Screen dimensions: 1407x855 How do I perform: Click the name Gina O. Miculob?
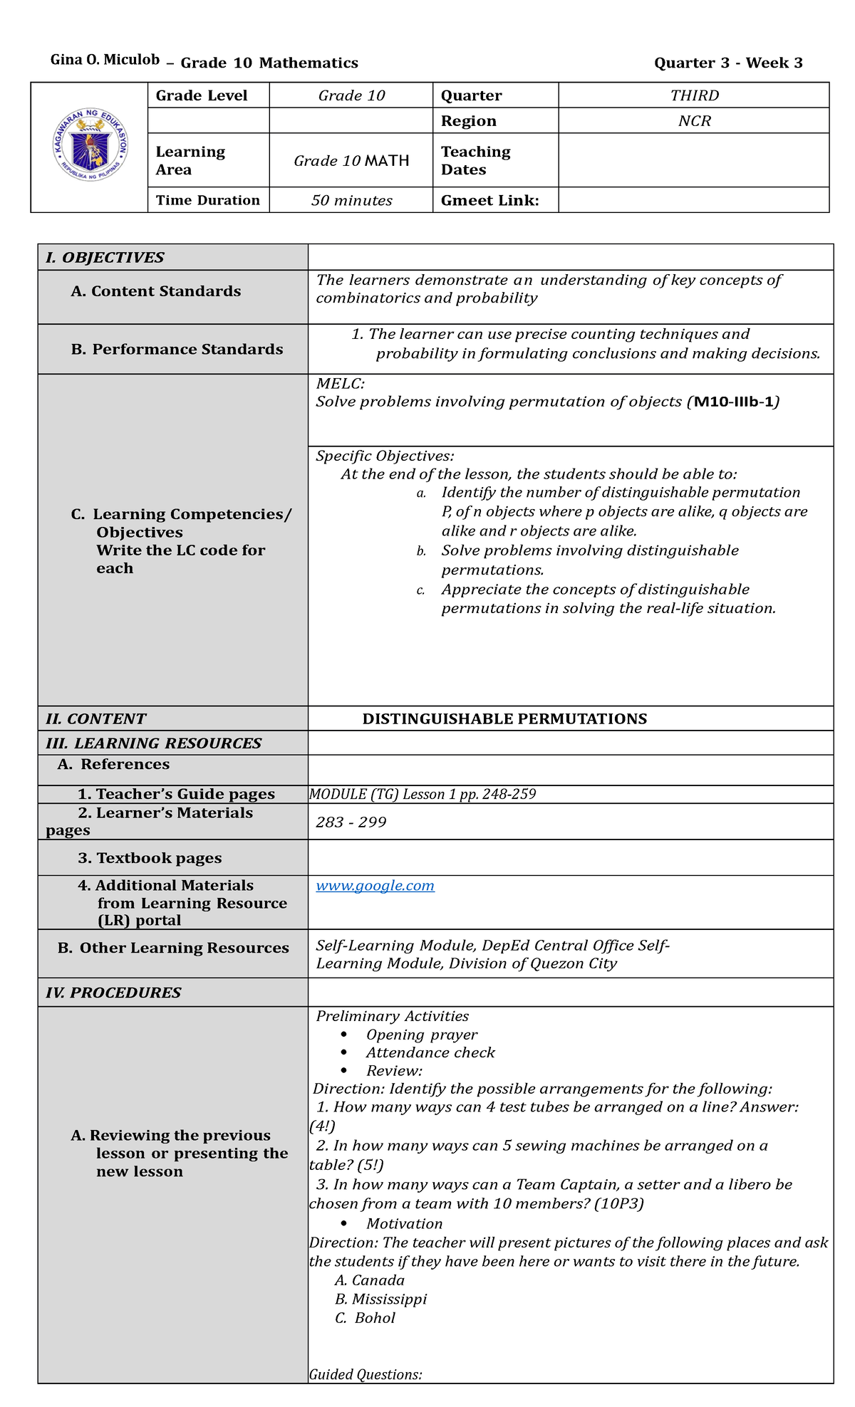tap(105, 60)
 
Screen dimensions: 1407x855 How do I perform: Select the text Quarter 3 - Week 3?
tap(728, 63)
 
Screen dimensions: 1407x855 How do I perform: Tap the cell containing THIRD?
tap(694, 95)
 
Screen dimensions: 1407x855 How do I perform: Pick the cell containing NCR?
tap(694, 121)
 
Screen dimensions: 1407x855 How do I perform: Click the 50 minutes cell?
tap(351, 201)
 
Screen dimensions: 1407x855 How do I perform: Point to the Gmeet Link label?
tap(489, 201)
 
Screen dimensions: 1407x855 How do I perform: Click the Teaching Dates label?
tap(475, 161)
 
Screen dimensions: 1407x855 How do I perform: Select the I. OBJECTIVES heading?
tap(105, 258)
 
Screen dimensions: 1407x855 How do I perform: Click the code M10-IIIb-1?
tap(736, 402)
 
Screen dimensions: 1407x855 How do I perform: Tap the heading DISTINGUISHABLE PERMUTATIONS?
tap(504, 719)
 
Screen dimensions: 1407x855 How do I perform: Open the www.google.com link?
tap(375, 886)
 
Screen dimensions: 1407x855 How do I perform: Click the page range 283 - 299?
tap(351, 822)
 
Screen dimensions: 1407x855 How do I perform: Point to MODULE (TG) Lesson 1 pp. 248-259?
tap(423, 795)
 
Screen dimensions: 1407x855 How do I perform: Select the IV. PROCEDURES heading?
tap(113, 993)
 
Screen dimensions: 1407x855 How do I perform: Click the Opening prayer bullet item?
tap(421, 1035)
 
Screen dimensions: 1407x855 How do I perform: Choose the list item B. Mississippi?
tap(380, 1299)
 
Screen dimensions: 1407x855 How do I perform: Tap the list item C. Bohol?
tap(365, 1318)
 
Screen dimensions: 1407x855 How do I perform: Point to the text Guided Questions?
tap(366, 1374)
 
